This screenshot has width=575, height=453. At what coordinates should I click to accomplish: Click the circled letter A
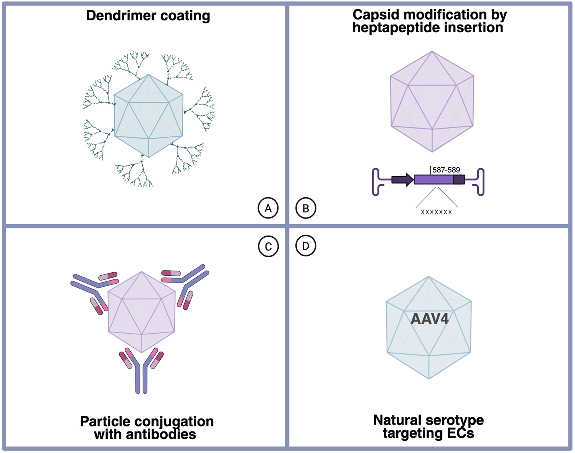coord(268,208)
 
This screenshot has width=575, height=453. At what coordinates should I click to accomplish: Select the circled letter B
coord(306,208)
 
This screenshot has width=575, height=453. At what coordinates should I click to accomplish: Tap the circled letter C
coord(268,246)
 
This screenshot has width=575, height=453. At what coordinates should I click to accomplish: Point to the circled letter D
coord(306,246)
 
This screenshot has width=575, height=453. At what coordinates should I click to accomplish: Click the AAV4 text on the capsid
coord(429,319)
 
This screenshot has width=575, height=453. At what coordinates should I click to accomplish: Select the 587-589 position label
coord(446,170)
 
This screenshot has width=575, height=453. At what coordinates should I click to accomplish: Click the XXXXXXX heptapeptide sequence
coord(436,212)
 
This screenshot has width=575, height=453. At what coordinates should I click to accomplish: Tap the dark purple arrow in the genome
coord(402,179)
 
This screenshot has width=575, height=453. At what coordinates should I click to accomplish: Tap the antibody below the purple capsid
coord(142,370)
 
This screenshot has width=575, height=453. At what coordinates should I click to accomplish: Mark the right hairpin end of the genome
coord(479,182)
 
